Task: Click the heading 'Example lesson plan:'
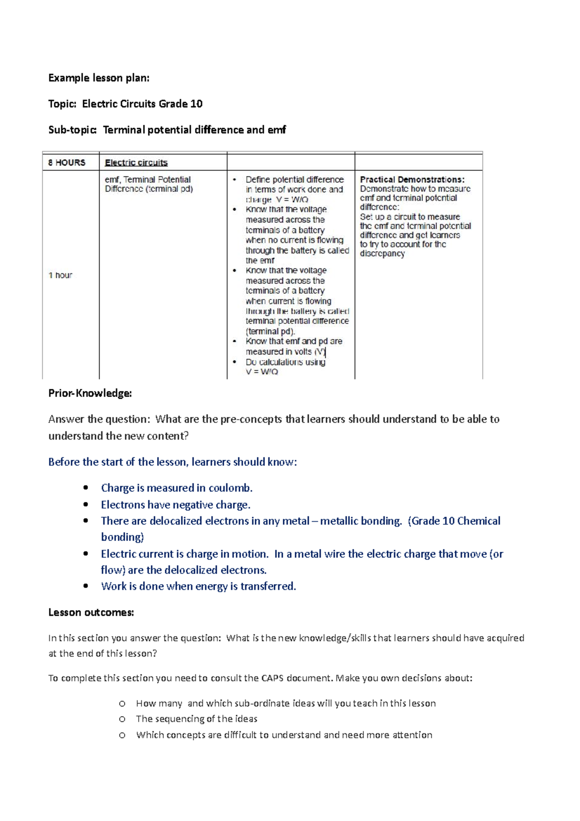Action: [99, 78]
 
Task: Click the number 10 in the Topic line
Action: [196, 104]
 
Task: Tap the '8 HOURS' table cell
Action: [67, 162]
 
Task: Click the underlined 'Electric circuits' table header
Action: [136, 162]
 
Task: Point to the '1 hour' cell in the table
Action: [60, 275]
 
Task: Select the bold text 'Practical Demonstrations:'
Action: [412, 179]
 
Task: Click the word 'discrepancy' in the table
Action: [382, 253]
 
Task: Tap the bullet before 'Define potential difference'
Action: [235, 179]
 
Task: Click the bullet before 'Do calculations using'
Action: [235, 362]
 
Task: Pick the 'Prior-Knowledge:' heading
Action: [90, 393]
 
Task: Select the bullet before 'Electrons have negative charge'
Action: [86, 504]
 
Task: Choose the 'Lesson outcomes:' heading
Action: [91, 612]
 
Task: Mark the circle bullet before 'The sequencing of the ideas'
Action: [122, 719]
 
